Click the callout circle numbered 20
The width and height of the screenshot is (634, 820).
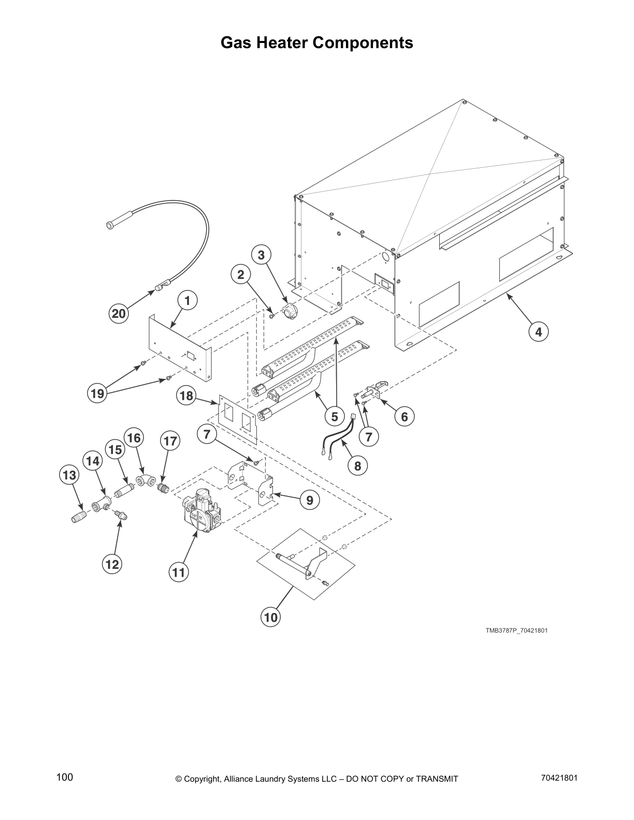coord(119,314)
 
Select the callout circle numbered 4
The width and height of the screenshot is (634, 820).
coord(539,331)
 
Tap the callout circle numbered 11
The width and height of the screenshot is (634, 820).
coord(179,572)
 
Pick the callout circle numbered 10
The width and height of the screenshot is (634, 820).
coord(271,617)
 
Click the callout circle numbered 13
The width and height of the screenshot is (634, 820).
coord(70,475)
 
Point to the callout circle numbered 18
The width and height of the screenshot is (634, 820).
coord(186,397)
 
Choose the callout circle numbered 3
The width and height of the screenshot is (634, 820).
coord(261,255)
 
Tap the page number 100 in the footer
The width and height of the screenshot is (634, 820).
coord(65,777)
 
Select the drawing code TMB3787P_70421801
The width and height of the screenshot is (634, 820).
coord(516,631)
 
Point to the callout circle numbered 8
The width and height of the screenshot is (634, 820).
coord(357,466)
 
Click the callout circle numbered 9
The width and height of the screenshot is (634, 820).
coord(309,500)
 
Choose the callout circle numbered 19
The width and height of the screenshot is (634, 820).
coord(97,393)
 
